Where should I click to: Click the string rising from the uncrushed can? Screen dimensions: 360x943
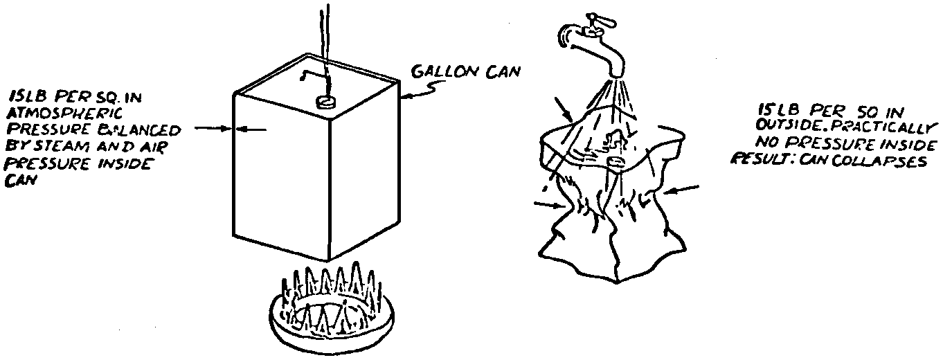pyautogui.click(x=325, y=42)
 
